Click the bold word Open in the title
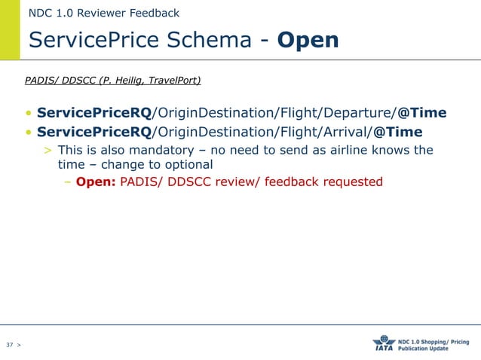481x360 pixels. [x=308, y=40]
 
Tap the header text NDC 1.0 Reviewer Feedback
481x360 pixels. [x=103, y=13]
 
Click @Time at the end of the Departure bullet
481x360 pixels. [x=422, y=113]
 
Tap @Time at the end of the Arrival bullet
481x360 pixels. [x=397, y=133]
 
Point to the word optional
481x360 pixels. [x=188, y=164]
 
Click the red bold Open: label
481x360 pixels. [x=96, y=182]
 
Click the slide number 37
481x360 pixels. [x=10, y=345]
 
